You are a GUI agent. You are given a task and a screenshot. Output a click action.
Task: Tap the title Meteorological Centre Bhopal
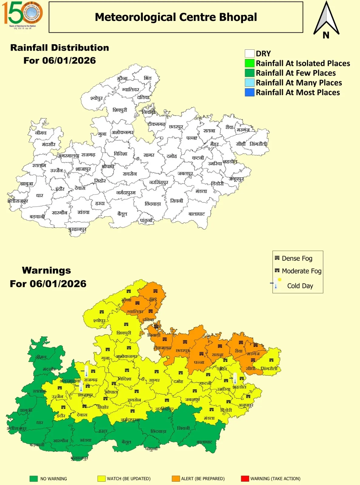[176, 17]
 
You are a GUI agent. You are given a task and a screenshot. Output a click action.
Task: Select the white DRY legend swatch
[250, 54]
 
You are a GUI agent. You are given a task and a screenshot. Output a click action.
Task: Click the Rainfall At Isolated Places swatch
[250, 63]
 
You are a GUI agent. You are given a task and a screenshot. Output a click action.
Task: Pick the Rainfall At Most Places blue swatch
[250, 92]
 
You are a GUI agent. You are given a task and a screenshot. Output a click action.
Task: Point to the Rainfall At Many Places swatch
[250, 83]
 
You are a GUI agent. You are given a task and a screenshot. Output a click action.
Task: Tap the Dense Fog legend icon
[277, 258]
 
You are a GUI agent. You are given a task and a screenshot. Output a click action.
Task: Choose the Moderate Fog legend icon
[277, 270]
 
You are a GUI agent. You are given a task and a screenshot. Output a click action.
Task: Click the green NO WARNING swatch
[33, 479]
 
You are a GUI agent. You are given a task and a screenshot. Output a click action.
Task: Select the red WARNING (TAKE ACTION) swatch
[245, 479]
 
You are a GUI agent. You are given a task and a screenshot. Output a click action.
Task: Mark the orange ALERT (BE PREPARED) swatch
[176, 479]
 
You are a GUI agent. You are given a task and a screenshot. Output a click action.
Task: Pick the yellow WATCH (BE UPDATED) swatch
[101, 479]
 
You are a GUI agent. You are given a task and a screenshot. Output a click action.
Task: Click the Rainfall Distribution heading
[59, 48]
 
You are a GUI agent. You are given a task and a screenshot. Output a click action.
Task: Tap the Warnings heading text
[46, 270]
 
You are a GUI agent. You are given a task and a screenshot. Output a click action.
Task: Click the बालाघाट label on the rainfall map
[197, 214]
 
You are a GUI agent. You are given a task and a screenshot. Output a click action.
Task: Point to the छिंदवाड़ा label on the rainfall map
[153, 204]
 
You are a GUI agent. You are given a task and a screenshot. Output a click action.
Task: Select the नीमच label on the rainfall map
[41, 133]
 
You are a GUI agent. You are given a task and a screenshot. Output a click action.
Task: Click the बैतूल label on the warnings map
[126, 442]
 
